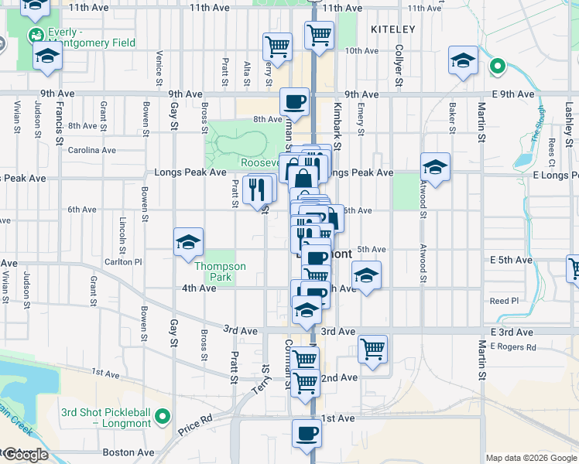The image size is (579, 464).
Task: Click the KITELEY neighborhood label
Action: pyautogui.click(x=392, y=29)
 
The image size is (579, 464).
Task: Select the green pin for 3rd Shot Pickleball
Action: pyautogui.click(x=162, y=418)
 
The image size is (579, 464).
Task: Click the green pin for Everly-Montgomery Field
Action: pyautogui.click(x=36, y=36)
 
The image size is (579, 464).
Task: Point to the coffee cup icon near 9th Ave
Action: pyautogui.click(x=294, y=101)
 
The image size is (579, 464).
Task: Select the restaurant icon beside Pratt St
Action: pyautogui.click(x=256, y=189)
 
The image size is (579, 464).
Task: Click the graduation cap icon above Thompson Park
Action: pyautogui.click(x=188, y=242)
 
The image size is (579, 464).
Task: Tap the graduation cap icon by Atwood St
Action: pyautogui.click(x=435, y=167)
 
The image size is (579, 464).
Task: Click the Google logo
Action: pyautogui.click(x=25, y=455)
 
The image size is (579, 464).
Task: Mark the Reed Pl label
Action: pyautogui.click(x=503, y=301)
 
